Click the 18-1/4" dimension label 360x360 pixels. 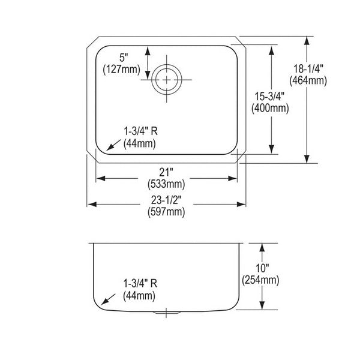click(308, 69)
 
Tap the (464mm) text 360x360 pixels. click(308, 81)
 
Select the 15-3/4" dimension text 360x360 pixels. click(270, 97)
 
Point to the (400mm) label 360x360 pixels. click(270, 109)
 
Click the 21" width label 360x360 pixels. click(166, 172)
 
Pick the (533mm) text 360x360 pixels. click(166, 184)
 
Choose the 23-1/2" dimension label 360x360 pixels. click(166, 200)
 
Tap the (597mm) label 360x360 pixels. click(166, 212)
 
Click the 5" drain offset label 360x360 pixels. click(124, 58)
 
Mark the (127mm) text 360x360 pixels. click(121, 70)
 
